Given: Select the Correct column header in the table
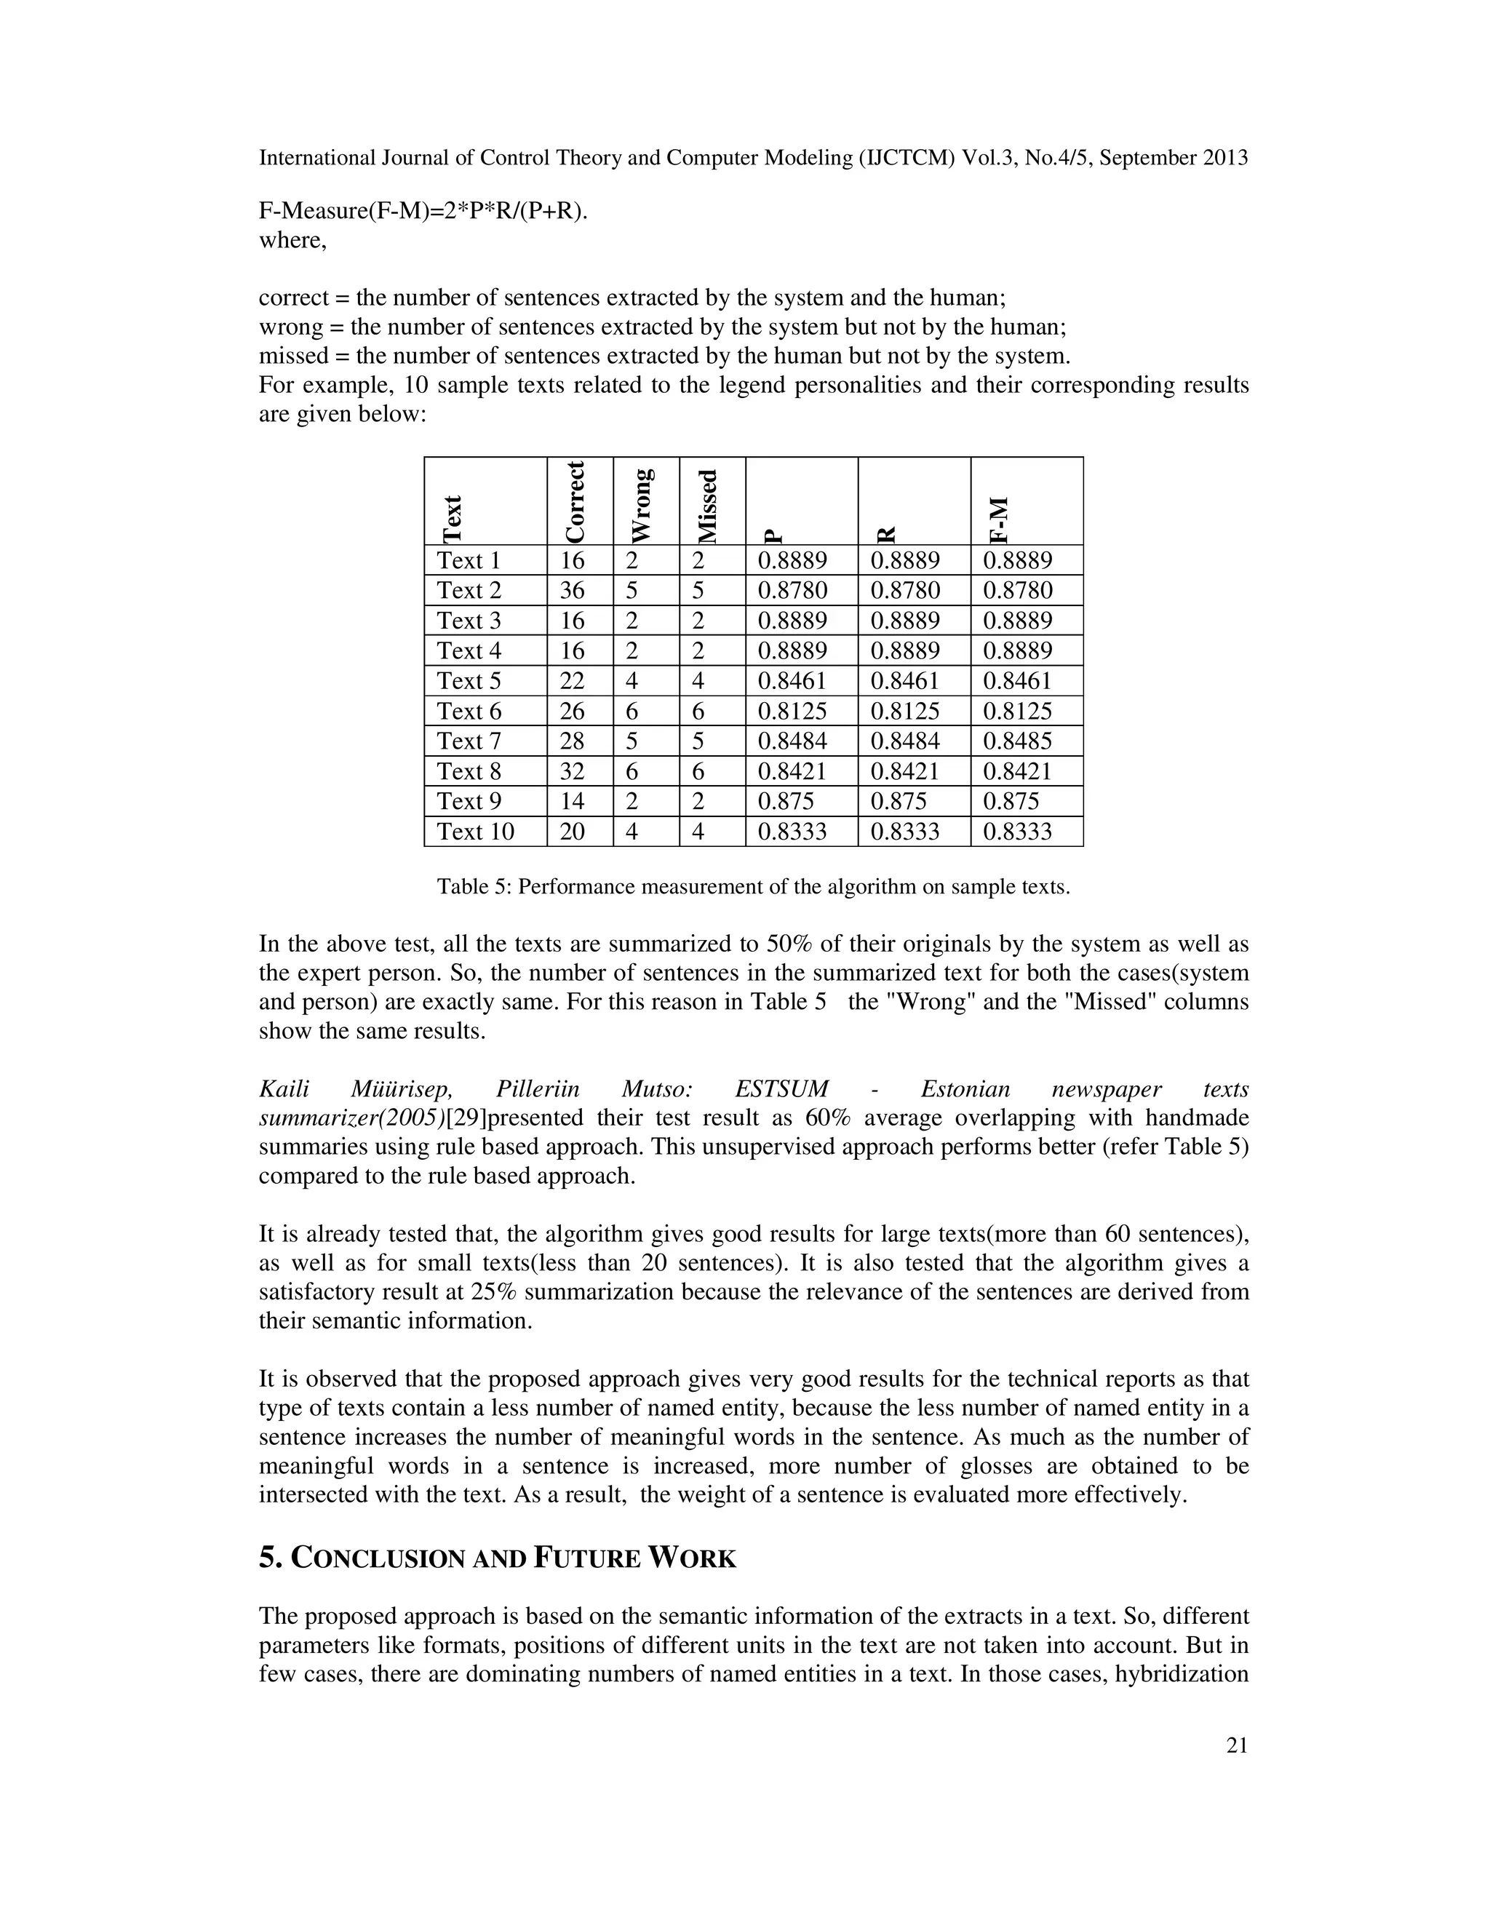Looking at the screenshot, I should [575, 502].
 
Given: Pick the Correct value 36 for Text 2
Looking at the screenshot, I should [572, 591].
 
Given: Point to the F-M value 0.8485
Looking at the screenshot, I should [1017, 741].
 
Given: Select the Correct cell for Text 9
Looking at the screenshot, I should [572, 802].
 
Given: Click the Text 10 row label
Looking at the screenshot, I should [475, 832].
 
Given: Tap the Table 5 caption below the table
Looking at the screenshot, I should [753, 887].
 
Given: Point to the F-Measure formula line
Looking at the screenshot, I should [423, 212].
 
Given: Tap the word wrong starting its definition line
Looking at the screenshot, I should [290, 327].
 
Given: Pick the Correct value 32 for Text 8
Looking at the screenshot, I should [572, 771].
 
